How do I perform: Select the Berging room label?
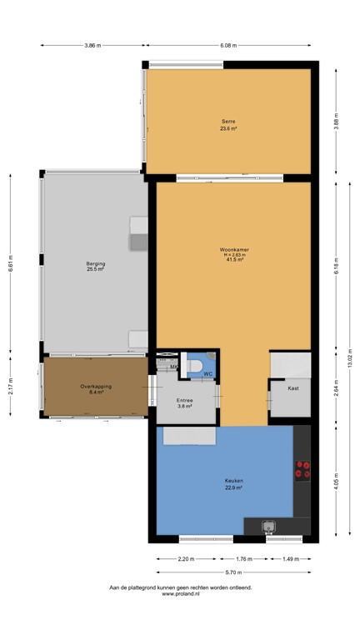tap(96, 266)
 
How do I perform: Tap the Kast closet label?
tap(293, 388)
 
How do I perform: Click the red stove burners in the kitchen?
tap(302, 470)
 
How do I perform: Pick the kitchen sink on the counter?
tap(269, 527)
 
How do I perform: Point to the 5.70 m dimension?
tap(233, 572)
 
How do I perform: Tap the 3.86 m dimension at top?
tap(93, 45)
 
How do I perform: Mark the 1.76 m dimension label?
tap(242, 558)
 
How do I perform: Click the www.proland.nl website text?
tap(180, 594)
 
